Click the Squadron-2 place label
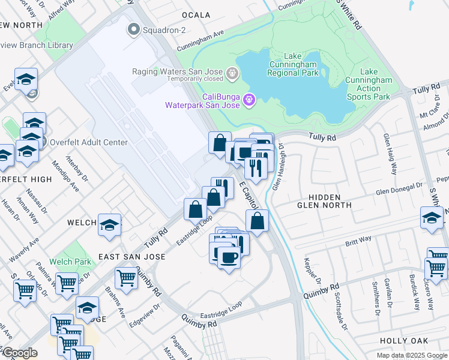158,28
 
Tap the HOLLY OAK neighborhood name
405,340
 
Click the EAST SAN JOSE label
131,256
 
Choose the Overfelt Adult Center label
89,142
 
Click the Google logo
20,353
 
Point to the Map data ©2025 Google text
411,355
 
